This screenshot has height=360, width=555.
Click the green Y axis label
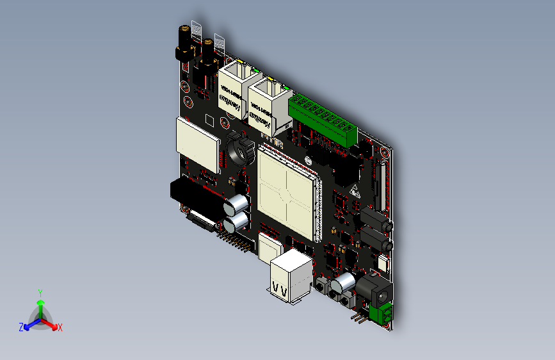point(40,293)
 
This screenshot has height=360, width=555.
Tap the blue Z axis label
point(21,327)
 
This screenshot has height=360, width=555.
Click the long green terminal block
point(323,120)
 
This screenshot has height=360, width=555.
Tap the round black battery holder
point(241,149)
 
